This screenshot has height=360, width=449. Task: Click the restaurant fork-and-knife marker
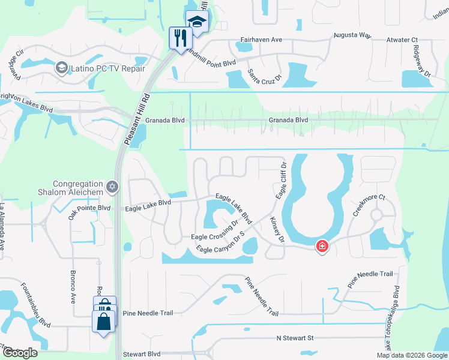pos(179,38)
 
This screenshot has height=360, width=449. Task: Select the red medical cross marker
pos(322,246)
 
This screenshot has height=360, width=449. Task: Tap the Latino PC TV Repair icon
pos(61,68)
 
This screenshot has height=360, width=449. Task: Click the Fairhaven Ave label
pos(261,40)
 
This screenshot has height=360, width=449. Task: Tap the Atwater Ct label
pos(402,40)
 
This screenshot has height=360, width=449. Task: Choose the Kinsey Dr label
pos(277,230)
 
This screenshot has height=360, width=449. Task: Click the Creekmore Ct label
pos(368,205)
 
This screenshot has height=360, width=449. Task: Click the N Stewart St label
pos(295,338)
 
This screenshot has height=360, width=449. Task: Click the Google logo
pos(20,353)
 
